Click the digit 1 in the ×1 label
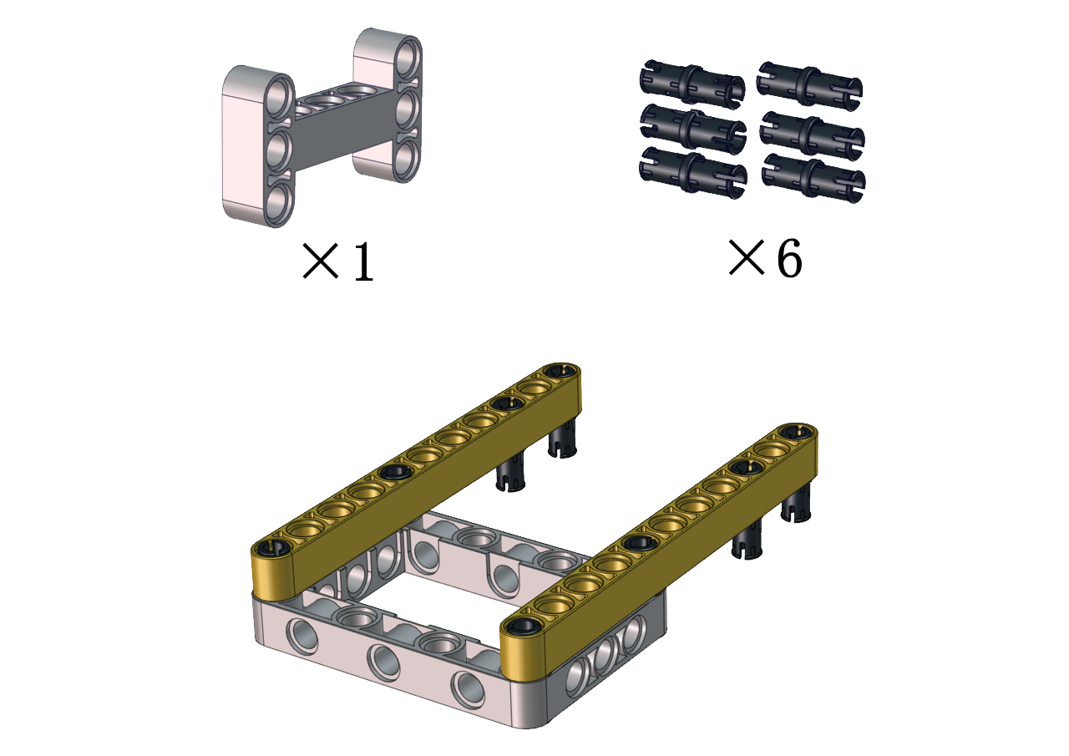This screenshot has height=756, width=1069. coord(363,261)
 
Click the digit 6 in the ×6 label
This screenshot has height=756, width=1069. coord(790,258)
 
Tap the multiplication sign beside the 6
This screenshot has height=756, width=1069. coord(747,257)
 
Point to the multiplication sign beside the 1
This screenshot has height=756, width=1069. coord(321,261)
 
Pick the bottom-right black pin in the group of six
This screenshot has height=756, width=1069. coord(813,178)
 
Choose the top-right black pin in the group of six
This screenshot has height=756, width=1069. coord(810,84)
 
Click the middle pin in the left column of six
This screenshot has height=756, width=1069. coord(693,126)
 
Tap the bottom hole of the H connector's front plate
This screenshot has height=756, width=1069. coord(278,203)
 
